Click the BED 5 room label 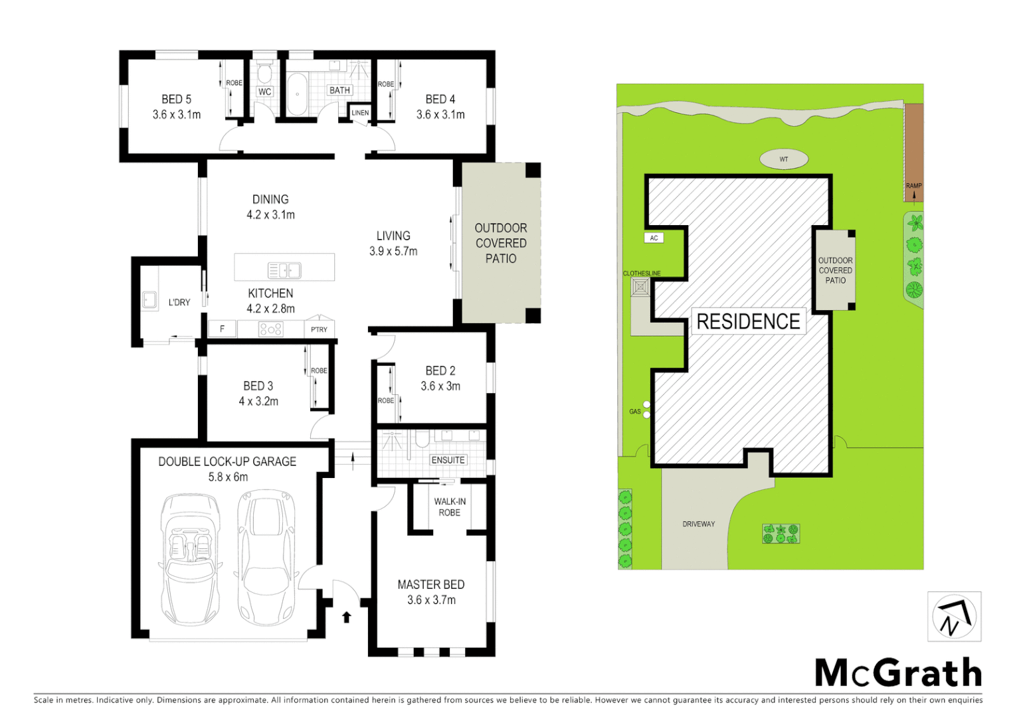click(x=176, y=99)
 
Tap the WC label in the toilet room click(x=264, y=92)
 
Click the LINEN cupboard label click(x=360, y=113)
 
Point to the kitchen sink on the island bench click(x=284, y=270)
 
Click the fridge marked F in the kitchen click(x=222, y=329)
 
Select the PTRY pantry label click(x=319, y=329)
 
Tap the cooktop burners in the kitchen click(x=270, y=329)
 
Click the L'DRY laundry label click(x=179, y=302)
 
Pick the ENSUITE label click(x=448, y=459)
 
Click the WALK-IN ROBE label click(x=450, y=507)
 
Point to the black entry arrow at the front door click(x=346, y=617)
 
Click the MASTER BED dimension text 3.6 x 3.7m click(x=431, y=600)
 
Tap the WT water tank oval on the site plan click(x=784, y=159)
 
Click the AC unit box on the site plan click(x=654, y=238)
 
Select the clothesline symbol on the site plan click(x=640, y=287)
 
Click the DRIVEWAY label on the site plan click(x=699, y=524)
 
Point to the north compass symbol click(x=954, y=617)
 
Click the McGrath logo click(x=898, y=673)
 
